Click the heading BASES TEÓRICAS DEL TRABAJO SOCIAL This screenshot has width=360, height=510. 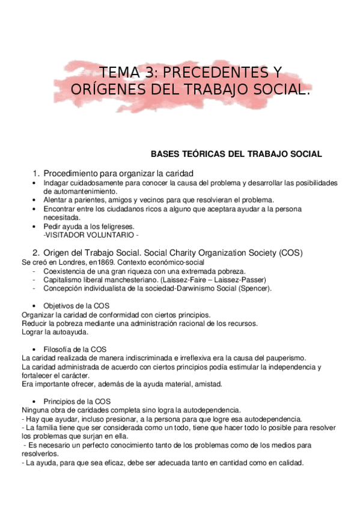click(x=236, y=154)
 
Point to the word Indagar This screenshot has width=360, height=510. click(x=56, y=183)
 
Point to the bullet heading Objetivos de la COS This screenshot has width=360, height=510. click(x=76, y=306)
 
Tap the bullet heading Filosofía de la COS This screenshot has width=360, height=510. click(x=75, y=349)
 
